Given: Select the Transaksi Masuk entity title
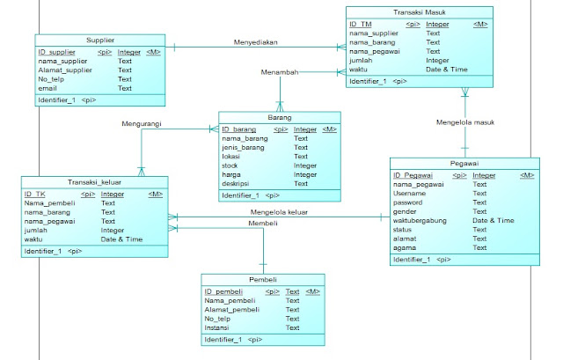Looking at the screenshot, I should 416,12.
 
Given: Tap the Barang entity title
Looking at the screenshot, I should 280,117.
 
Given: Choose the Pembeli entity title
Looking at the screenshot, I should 261,279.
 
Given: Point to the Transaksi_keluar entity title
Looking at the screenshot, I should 92,182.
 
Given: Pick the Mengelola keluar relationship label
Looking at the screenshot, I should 280,211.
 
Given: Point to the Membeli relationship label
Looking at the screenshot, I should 263,224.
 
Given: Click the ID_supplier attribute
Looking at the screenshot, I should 56,53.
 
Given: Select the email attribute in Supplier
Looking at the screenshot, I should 48,88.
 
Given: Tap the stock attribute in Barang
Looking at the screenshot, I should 231,165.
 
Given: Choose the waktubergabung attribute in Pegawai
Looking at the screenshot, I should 427,221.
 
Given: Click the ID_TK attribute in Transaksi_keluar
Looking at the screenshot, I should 35,195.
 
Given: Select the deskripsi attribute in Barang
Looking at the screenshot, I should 238,183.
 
